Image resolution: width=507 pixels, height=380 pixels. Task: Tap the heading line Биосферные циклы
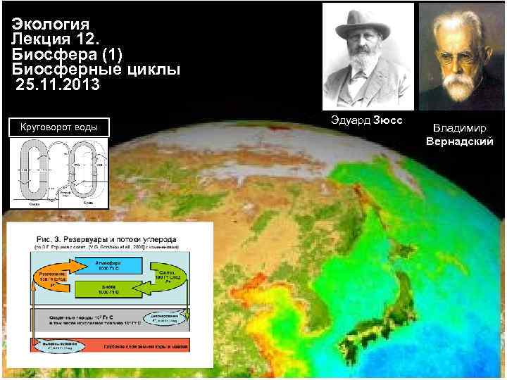[x=96, y=70]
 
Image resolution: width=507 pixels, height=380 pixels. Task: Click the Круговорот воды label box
[x=59, y=127]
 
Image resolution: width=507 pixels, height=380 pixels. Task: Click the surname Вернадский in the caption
[x=459, y=141]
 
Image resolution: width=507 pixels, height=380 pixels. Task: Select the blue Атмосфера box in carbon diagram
[x=110, y=267]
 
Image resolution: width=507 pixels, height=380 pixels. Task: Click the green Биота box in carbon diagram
[x=109, y=289]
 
